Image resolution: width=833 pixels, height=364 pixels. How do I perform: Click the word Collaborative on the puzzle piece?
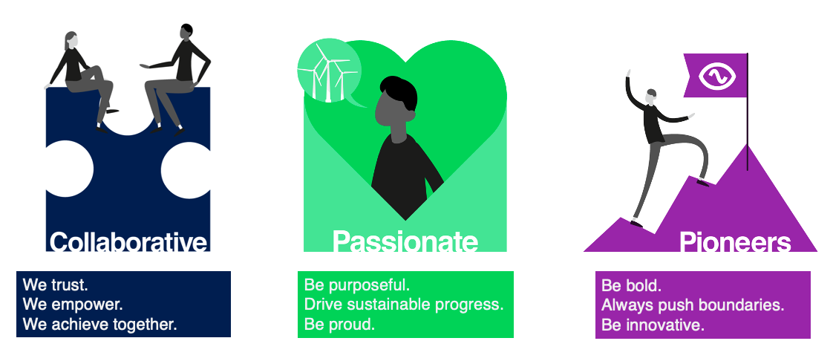pyautogui.click(x=128, y=241)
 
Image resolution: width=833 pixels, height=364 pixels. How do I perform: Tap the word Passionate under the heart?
pyautogui.click(x=405, y=241)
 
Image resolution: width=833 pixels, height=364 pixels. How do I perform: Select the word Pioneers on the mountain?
pyautogui.click(x=735, y=241)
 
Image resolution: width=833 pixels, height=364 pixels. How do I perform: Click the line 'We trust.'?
pyautogui.click(x=55, y=285)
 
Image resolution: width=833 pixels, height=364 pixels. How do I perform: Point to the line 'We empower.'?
pyautogui.click(x=73, y=305)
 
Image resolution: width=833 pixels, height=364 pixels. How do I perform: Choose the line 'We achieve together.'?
pyautogui.click(x=100, y=324)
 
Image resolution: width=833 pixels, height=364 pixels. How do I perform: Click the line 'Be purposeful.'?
pyautogui.click(x=357, y=285)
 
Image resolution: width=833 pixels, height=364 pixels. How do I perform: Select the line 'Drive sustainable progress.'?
pyautogui.click(x=404, y=305)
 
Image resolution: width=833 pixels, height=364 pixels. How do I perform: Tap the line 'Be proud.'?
pyautogui.click(x=339, y=324)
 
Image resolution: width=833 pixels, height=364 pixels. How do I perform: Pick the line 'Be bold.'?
pyautogui.click(x=631, y=285)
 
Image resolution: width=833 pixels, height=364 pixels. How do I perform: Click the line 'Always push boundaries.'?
pyautogui.click(x=693, y=305)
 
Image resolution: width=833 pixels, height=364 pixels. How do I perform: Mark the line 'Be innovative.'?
pyautogui.click(x=653, y=325)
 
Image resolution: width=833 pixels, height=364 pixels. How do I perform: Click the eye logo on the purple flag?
pyautogui.click(x=717, y=77)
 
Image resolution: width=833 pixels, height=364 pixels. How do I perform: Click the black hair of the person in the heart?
pyautogui.click(x=399, y=92)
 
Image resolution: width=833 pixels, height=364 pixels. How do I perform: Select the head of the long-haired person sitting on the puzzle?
pyautogui.click(x=71, y=41)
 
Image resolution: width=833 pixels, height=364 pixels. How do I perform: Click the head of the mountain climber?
pyautogui.click(x=651, y=96)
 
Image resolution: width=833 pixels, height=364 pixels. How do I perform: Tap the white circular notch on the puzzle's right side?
pyautogui.click(x=186, y=169)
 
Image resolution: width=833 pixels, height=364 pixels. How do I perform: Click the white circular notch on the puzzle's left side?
pyautogui.click(x=70, y=169)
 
